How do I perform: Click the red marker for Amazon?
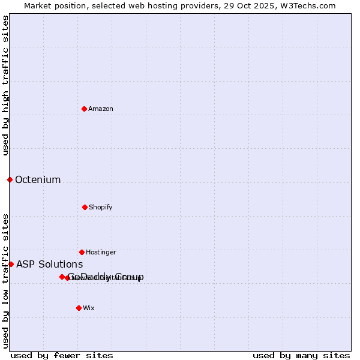click(84, 109)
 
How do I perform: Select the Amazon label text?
click(101, 109)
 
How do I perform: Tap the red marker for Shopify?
click(85, 207)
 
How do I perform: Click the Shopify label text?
click(101, 208)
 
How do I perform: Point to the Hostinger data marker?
click(82, 252)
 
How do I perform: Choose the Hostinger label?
click(101, 253)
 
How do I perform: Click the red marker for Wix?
click(79, 308)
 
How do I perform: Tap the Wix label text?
click(89, 308)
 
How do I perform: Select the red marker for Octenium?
click(10, 179)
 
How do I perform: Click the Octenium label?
click(38, 180)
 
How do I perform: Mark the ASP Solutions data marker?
click(11, 264)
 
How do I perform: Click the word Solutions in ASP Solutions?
click(60, 265)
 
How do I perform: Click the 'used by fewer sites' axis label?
click(62, 355)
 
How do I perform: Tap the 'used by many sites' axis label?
click(301, 355)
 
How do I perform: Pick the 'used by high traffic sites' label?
click(5, 85)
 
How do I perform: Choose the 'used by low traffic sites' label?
click(5, 281)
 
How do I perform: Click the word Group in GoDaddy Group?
click(128, 277)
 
